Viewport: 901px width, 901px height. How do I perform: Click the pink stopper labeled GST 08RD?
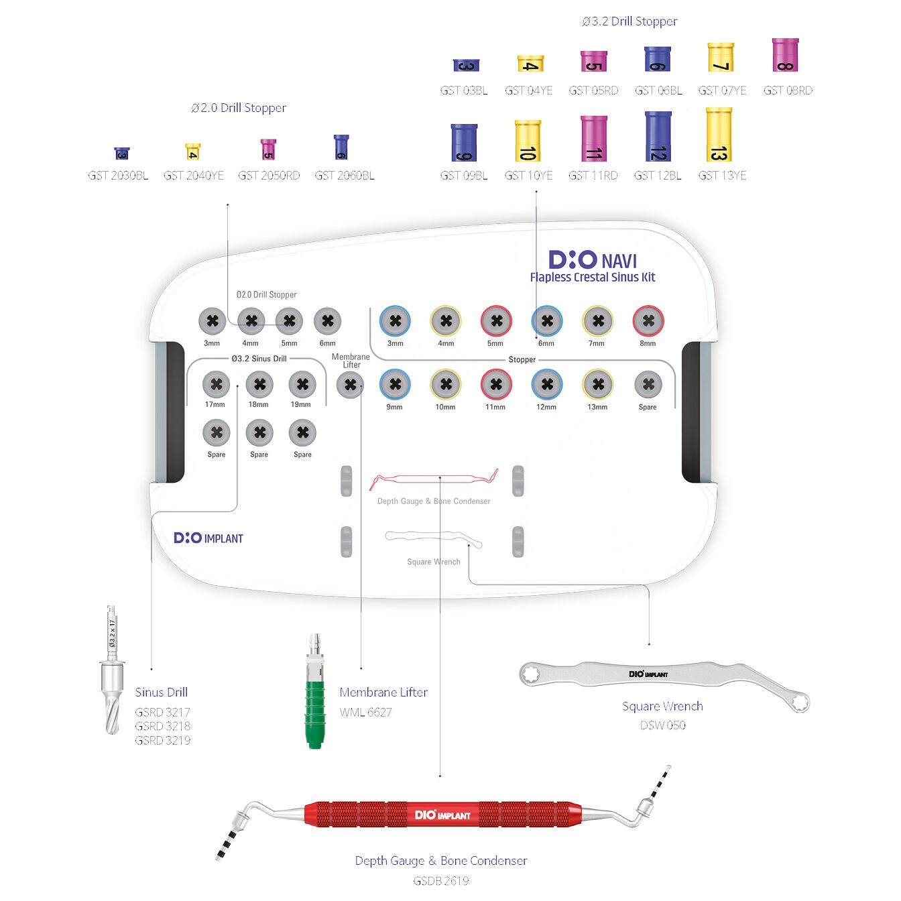pos(785,55)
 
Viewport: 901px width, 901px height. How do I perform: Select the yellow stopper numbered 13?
pos(719,135)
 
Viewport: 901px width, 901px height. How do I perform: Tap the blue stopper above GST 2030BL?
pos(121,154)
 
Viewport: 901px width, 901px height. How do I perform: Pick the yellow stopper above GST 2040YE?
pos(193,152)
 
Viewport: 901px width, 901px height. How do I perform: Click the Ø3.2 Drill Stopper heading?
pos(629,21)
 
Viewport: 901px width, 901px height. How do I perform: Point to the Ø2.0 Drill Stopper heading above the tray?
pos(239,108)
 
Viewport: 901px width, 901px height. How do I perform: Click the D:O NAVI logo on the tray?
pos(593,260)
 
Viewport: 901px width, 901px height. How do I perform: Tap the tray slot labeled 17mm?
pos(216,384)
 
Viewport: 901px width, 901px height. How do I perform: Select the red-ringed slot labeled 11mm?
pos(496,384)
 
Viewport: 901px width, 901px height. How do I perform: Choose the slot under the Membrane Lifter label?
pos(350,385)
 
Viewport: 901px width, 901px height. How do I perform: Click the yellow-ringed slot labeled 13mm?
pos(597,384)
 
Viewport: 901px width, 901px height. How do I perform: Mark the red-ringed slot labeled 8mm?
pos(648,321)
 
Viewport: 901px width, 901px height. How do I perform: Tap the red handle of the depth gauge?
pos(442,815)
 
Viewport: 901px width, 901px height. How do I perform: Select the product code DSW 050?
pos(662,725)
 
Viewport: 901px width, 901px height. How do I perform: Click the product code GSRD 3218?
pos(162,726)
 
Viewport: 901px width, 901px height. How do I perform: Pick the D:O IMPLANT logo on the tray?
pos(208,538)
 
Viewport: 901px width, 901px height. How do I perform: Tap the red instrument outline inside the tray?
pos(434,479)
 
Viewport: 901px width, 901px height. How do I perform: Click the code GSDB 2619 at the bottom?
pos(440,881)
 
